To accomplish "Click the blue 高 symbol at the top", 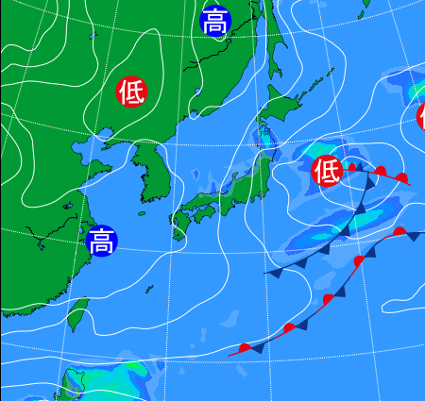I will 216,20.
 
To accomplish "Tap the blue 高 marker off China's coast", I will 101,242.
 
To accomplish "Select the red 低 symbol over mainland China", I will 131,92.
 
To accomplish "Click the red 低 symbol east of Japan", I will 327,171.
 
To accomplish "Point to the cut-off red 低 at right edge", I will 420,116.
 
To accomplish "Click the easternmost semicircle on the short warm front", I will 403,178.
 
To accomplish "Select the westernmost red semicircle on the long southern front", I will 246,348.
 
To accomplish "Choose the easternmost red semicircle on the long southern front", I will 399,231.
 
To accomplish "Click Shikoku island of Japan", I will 201,213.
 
